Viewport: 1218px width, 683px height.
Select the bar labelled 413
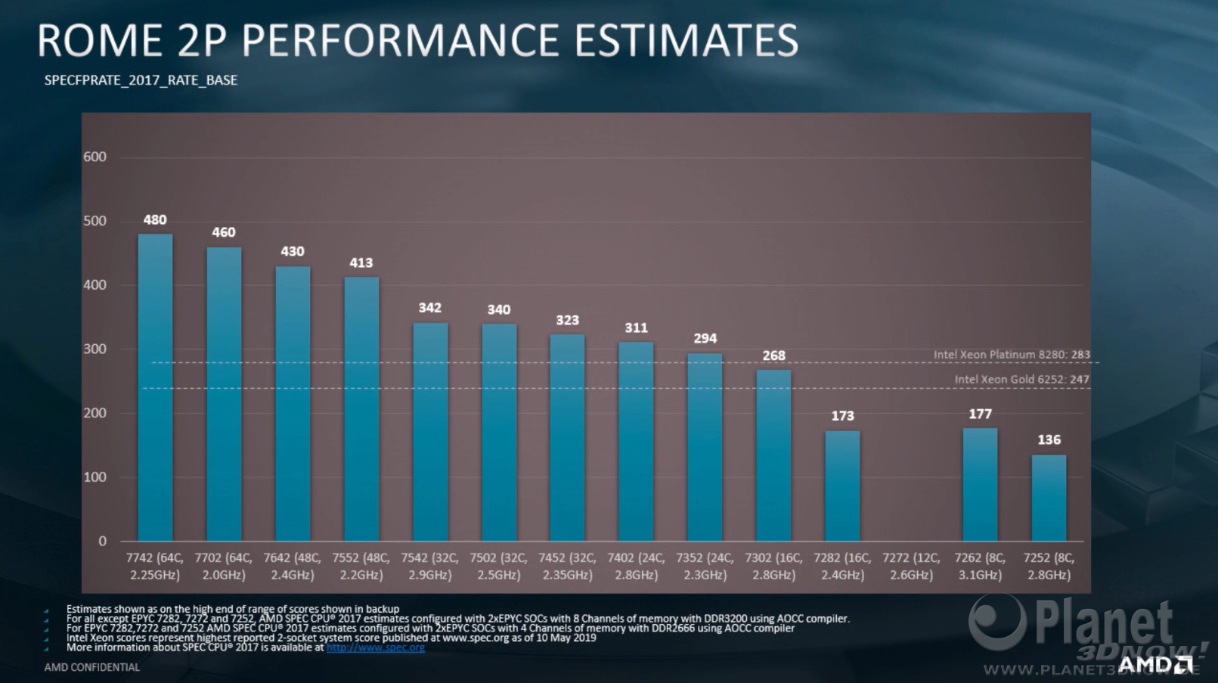pyautogui.click(x=361, y=408)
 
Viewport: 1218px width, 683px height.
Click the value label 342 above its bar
pyautogui.click(x=430, y=308)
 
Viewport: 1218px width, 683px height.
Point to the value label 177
pyautogui.click(x=980, y=414)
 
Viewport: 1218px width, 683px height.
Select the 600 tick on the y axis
pyautogui.click(x=95, y=157)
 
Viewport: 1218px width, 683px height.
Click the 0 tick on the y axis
pyautogui.click(x=103, y=541)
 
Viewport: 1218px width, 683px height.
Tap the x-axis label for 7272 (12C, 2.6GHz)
pyautogui.click(x=911, y=567)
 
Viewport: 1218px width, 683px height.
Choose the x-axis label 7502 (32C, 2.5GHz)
pyautogui.click(x=498, y=567)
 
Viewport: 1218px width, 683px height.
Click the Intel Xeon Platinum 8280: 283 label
pyautogui.click(x=1012, y=354)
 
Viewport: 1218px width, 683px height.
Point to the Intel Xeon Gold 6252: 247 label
pyautogui.click(x=1021, y=379)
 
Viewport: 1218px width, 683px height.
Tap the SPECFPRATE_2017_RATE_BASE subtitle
pyautogui.click(x=141, y=80)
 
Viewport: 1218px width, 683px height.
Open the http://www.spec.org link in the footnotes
pyautogui.click(x=375, y=647)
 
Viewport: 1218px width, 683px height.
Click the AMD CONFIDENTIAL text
pyautogui.click(x=92, y=667)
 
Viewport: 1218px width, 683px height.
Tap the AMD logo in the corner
pyautogui.click(x=1154, y=665)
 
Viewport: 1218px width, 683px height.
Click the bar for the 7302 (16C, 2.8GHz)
pyautogui.click(x=773, y=455)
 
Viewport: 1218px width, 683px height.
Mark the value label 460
pyautogui.click(x=223, y=232)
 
